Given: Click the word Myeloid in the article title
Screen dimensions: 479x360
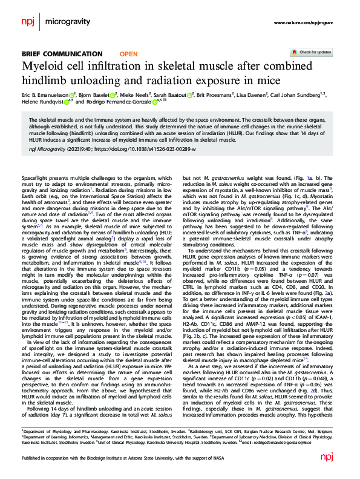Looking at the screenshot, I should (42, 67).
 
